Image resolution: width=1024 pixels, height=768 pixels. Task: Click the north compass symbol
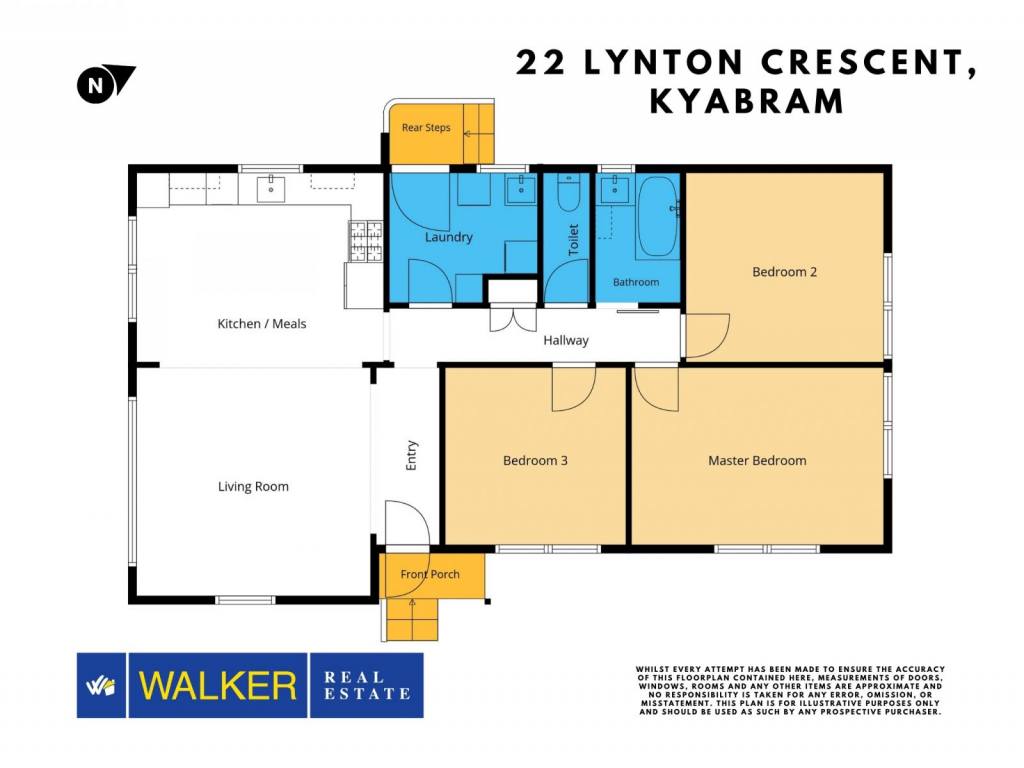104,84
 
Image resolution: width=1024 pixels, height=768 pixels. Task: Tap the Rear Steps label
426,128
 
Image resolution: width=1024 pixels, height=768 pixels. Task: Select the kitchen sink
270,189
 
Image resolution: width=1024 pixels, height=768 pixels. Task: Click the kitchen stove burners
366,241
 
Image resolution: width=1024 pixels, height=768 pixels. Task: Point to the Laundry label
449,237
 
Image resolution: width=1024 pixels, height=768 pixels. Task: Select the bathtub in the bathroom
658,217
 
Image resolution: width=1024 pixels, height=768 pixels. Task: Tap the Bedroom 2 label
784,272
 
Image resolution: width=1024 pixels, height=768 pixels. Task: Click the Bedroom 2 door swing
705,336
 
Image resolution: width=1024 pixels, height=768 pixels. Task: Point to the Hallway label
566,340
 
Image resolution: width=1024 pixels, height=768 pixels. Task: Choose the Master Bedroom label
757,460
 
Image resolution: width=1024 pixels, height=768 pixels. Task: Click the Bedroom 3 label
535,460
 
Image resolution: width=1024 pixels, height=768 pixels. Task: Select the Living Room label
253,487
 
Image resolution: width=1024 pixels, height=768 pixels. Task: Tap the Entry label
411,455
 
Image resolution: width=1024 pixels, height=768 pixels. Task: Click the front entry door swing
407,523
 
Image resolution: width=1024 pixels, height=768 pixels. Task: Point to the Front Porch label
430,574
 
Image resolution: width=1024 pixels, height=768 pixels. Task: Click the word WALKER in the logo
217,686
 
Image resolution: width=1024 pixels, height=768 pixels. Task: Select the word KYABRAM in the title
747,101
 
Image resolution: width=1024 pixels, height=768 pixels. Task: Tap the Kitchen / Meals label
261,324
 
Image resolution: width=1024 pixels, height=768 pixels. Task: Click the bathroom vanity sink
613,189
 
